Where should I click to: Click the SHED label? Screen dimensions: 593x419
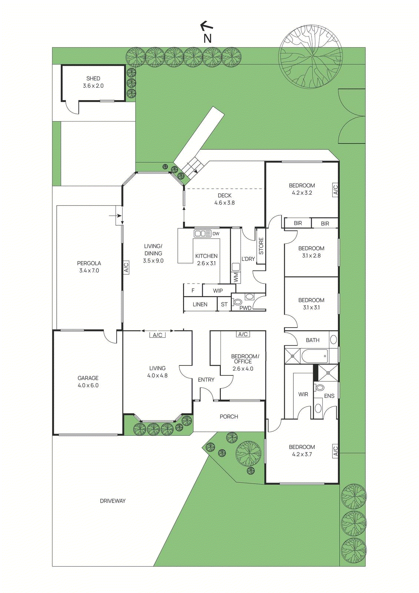click(x=93, y=79)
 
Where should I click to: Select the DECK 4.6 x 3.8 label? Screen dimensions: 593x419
click(x=224, y=199)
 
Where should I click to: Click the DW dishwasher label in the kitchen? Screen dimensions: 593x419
click(x=216, y=234)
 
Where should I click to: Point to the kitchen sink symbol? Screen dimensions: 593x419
click(x=202, y=233)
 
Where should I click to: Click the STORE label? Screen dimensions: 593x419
click(x=261, y=246)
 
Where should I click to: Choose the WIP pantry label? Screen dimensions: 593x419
click(x=218, y=291)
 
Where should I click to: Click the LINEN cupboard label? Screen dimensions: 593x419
click(x=200, y=304)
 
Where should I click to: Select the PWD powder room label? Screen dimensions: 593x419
click(x=245, y=308)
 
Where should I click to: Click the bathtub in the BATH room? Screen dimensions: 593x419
click(x=315, y=356)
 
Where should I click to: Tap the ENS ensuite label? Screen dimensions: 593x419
click(x=329, y=396)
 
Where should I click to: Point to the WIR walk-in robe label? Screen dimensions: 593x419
click(x=303, y=394)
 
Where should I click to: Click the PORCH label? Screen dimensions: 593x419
click(x=229, y=417)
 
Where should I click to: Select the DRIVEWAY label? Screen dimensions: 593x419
click(x=113, y=501)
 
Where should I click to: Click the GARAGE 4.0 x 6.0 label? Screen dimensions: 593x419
click(x=88, y=381)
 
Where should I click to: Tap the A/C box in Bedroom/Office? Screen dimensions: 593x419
click(x=243, y=334)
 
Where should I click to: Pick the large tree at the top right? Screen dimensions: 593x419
click(x=310, y=57)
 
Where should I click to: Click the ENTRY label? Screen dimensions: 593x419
click(x=206, y=380)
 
